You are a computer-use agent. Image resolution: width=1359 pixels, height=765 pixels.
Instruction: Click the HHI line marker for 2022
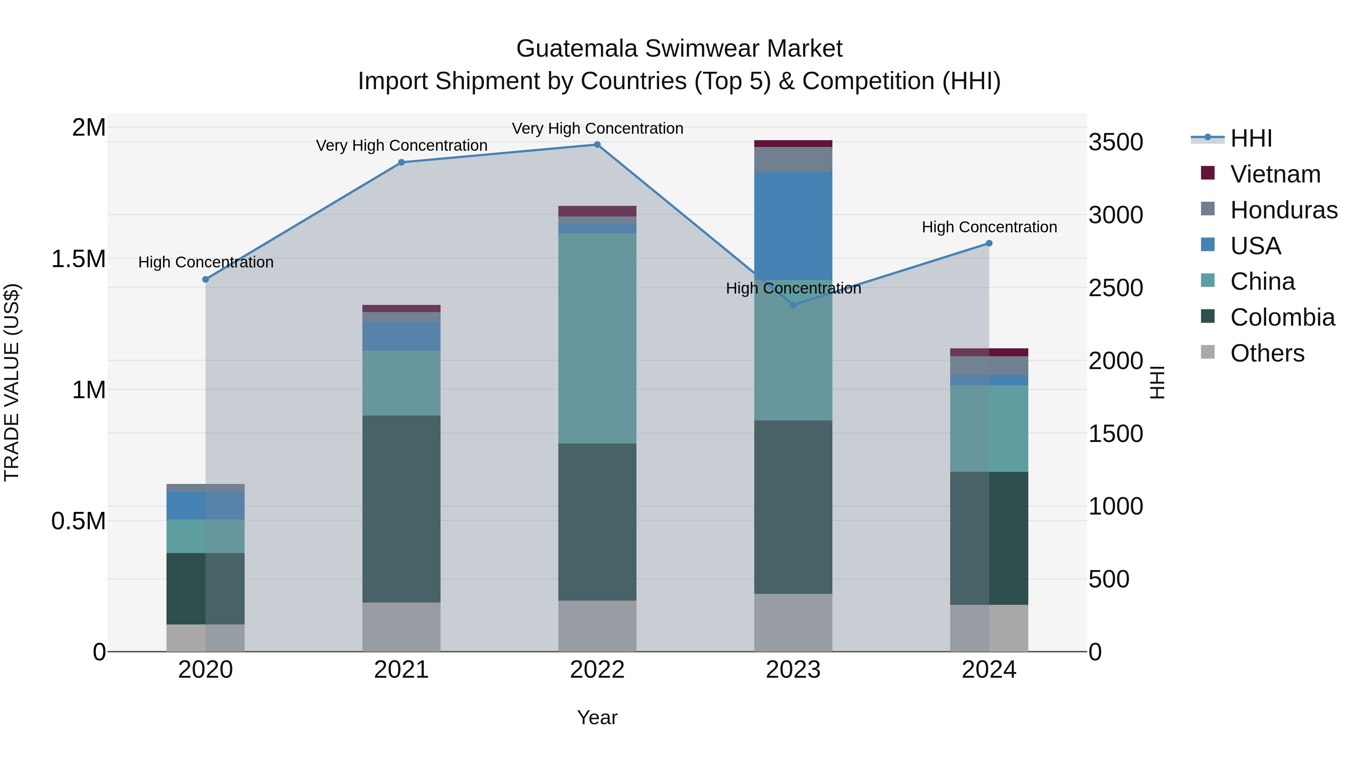(x=597, y=145)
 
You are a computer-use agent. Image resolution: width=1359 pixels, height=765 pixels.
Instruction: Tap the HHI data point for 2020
(x=206, y=279)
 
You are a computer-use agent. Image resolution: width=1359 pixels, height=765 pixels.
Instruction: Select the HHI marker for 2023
(x=793, y=304)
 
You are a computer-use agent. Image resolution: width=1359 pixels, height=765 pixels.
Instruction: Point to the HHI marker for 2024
(x=989, y=243)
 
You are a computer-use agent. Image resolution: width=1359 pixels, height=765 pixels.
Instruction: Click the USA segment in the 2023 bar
(x=793, y=226)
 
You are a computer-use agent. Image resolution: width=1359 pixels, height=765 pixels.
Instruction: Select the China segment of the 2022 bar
(x=597, y=338)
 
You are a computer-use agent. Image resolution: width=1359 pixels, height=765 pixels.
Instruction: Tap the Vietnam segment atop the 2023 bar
(x=793, y=144)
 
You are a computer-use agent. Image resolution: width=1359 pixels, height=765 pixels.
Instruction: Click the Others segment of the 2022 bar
(x=597, y=626)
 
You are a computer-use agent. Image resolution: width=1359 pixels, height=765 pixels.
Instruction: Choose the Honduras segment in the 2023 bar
(x=793, y=159)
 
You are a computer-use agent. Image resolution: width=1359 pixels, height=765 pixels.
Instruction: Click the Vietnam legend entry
(x=1275, y=174)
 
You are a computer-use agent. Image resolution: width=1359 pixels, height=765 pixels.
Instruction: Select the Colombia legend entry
(x=1282, y=317)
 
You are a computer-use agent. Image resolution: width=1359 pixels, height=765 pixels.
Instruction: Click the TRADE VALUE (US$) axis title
(x=12, y=382)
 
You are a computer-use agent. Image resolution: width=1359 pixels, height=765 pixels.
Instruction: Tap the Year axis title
(x=597, y=717)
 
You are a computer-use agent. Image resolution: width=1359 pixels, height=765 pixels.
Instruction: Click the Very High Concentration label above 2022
(x=597, y=128)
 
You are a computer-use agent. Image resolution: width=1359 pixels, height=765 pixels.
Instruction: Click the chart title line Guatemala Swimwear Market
(x=679, y=49)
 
